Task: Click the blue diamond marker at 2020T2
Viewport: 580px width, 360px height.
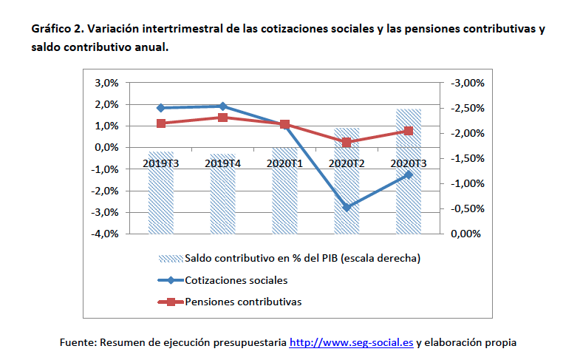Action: coord(347,207)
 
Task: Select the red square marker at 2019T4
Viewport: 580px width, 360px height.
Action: coord(222,118)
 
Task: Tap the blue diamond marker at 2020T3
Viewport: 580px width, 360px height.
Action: coord(408,174)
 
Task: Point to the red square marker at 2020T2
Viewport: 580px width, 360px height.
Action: coord(347,142)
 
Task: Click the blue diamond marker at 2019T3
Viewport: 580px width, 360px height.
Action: coord(161,108)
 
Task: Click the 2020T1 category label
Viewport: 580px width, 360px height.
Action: coord(284,163)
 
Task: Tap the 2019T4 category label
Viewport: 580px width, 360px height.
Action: coord(222,163)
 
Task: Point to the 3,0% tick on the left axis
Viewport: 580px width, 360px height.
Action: coord(106,83)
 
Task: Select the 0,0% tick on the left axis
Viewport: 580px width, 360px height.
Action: coord(106,147)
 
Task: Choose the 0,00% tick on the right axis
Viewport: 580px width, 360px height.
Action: coord(465,234)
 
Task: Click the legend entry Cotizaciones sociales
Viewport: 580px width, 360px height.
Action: coord(236,280)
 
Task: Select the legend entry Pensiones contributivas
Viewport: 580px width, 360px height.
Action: coord(243,302)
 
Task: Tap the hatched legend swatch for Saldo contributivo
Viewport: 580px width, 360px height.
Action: coord(170,259)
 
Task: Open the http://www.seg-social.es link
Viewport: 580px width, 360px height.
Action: coord(351,342)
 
